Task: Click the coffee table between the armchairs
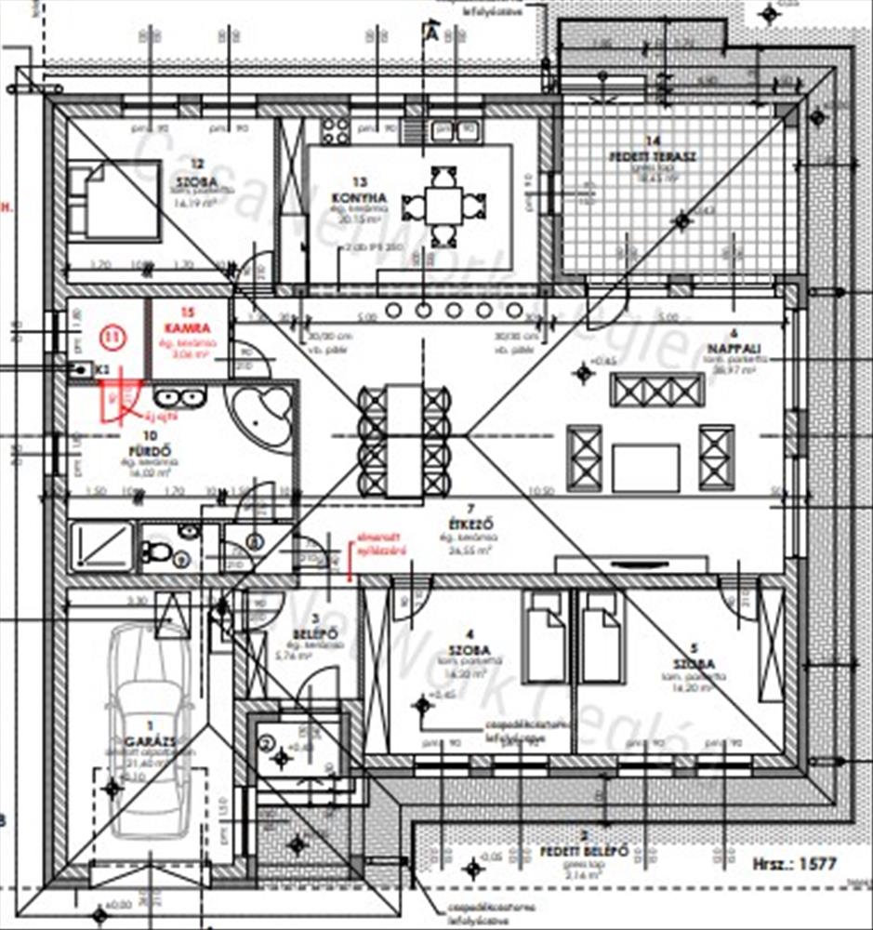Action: pos(645,468)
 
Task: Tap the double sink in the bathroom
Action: pos(179,398)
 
